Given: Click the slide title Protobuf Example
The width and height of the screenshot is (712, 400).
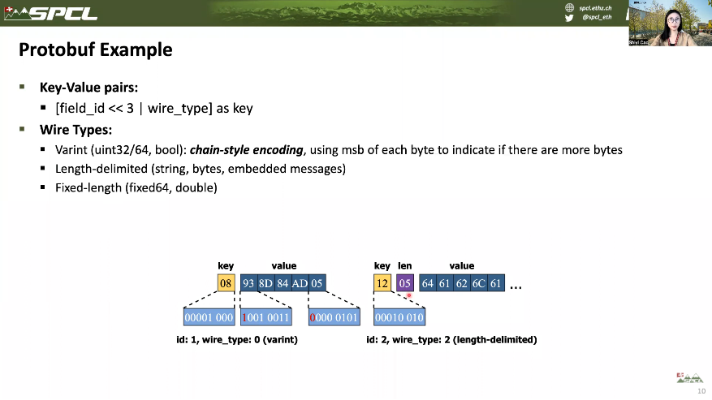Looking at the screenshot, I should point(96,49).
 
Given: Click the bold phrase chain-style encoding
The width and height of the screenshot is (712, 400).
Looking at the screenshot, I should point(247,150).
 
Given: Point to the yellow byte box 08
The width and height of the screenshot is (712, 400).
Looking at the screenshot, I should point(226,283).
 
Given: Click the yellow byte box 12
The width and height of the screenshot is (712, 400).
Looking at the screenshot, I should point(382,283).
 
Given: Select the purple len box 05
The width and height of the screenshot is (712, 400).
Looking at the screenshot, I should point(405,283).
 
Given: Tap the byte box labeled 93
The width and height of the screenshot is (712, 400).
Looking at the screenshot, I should point(248,283).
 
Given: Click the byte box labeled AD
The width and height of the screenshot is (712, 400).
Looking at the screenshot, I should point(300,283).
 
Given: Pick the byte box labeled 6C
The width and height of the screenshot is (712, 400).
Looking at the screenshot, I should point(479,283).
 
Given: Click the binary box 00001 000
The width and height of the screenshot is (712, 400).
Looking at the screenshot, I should point(209,317).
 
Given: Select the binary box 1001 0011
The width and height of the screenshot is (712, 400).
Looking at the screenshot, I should point(265,317).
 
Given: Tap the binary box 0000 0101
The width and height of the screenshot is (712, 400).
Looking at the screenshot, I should point(334,317).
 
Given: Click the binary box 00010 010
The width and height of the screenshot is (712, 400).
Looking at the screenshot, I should point(399,317).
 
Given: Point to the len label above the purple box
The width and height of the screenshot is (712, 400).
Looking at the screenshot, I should point(404,265).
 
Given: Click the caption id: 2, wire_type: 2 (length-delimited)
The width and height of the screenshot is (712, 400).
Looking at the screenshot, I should point(451,340).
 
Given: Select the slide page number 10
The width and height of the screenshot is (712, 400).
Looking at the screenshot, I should point(701,391).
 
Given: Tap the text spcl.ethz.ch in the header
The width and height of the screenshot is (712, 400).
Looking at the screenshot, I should point(595,7).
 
